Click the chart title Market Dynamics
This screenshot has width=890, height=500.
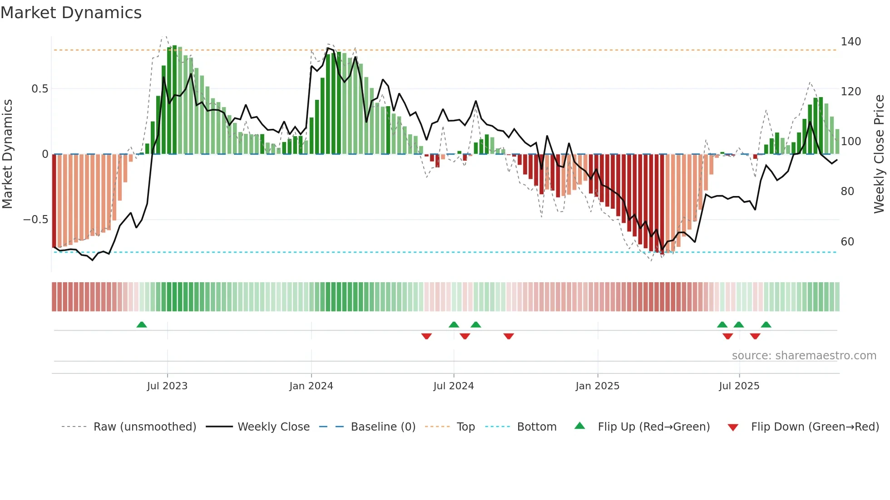pyautogui.click(x=71, y=13)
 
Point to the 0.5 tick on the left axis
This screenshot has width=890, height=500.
pyautogui.click(x=40, y=89)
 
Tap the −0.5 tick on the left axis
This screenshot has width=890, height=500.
pyautogui.click(x=35, y=220)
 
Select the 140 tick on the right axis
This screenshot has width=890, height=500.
pyautogui.click(x=850, y=42)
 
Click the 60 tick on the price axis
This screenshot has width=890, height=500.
pyautogui.click(x=847, y=242)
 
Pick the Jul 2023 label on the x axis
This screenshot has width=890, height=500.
pyautogui.click(x=167, y=386)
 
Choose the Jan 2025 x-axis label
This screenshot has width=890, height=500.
pyautogui.click(x=597, y=386)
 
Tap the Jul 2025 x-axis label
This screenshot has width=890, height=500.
pyautogui.click(x=739, y=386)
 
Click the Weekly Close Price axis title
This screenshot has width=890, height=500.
pyautogui.click(x=879, y=154)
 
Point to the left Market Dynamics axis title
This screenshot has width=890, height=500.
pyautogui.click(x=7, y=154)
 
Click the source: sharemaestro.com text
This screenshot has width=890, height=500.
pyautogui.click(x=804, y=356)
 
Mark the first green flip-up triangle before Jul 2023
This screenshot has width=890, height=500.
pyautogui.click(x=142, y=325)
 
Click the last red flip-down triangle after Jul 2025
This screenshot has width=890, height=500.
pyautogui.click(x=755, y=336)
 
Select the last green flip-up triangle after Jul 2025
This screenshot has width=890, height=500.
pyautogui.click(x=766, y=325)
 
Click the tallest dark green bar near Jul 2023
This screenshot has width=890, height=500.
pyautogui.click(x=175, y=100)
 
